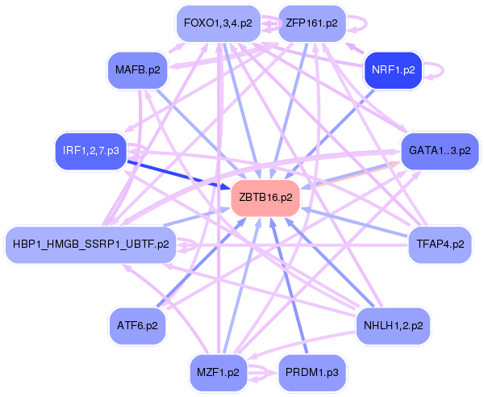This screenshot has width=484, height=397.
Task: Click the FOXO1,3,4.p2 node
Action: click(219, 23)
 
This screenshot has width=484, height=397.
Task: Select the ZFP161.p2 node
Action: click(311, 23)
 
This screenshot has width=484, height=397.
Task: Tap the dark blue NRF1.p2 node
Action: click(393, 70)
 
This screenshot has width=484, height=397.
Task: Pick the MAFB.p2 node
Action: click(138, 70)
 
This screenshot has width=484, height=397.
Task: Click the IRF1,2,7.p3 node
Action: click(90, 151)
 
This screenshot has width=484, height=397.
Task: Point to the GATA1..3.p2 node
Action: click(440, 151)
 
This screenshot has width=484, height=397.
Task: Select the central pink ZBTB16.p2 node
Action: click(265, 198)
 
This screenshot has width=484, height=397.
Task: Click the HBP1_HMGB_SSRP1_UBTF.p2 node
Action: click(90, 244)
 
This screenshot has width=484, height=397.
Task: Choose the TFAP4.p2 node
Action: click(440, 244)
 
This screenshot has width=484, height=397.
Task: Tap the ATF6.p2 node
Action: click(137, 326)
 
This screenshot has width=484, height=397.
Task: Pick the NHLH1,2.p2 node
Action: click(394, 326)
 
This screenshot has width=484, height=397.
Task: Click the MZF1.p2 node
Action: click(219, 373)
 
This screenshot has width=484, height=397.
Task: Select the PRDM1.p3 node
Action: click(311, 373)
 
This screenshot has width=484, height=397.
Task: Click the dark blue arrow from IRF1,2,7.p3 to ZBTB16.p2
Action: click(179, 175)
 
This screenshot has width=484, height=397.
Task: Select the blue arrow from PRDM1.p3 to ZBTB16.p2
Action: click(289, 285)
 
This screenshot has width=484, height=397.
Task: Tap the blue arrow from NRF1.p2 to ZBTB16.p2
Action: click(329, 135)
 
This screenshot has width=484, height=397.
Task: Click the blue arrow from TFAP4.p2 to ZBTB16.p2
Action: click(354, 223)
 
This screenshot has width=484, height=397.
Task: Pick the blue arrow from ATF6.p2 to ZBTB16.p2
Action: click(202, 262)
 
